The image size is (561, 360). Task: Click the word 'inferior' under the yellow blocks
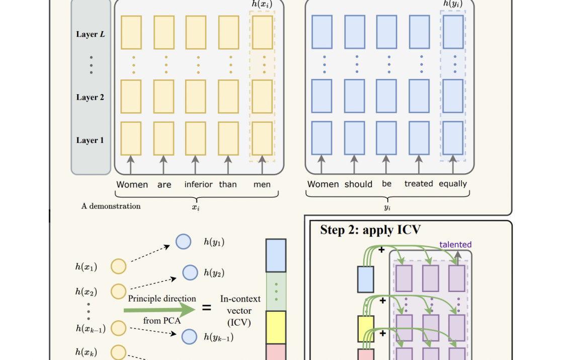[x=198, y=184]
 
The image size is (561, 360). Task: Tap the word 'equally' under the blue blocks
[x=453, y=184]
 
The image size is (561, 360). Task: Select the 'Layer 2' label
[x=90, y=98]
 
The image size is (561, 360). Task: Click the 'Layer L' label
[x=91, y=34]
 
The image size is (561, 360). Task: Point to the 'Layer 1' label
[x=90, y=140]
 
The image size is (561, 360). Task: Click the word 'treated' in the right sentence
[x=419, y=183]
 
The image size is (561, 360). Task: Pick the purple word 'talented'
[x=455, y=244]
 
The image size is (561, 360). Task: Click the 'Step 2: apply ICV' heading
[x=370, y=230]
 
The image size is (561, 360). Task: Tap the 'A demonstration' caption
[x=111, y=206]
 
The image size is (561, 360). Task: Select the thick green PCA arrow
[x=159, y=310]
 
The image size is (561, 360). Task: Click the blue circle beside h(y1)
[x=183, y=242]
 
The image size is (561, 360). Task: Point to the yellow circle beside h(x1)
[x=118, y=266]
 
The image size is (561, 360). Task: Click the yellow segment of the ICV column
[x=276, y=327]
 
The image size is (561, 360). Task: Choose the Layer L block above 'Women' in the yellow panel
[x=131, y=32]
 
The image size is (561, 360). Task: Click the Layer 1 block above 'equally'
[x=453, y=138]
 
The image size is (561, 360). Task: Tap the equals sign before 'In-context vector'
[x=206, y=307]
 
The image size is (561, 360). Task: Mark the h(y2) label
[x=214, y=273]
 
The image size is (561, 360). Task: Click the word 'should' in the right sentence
[x=359, y=184]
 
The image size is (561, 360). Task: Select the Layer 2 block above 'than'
[x=228, y=97]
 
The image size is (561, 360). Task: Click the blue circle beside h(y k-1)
[x=189, y=337]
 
